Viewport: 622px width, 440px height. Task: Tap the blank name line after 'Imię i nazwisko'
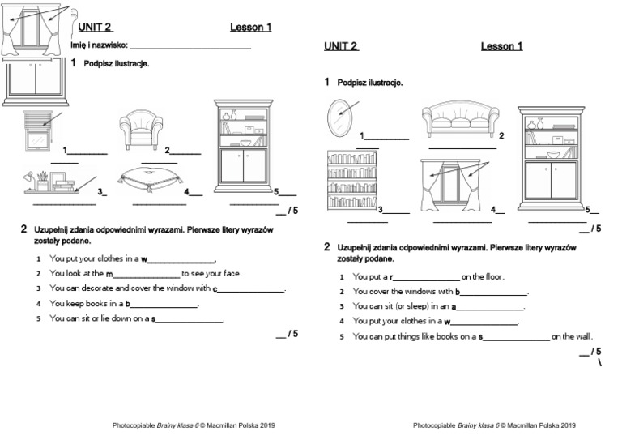coord(190,46)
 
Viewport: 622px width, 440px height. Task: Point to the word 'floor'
coord(491,276)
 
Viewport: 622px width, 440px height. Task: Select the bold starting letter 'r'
coord(391,277)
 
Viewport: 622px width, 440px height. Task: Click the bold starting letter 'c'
coord(215,288)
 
